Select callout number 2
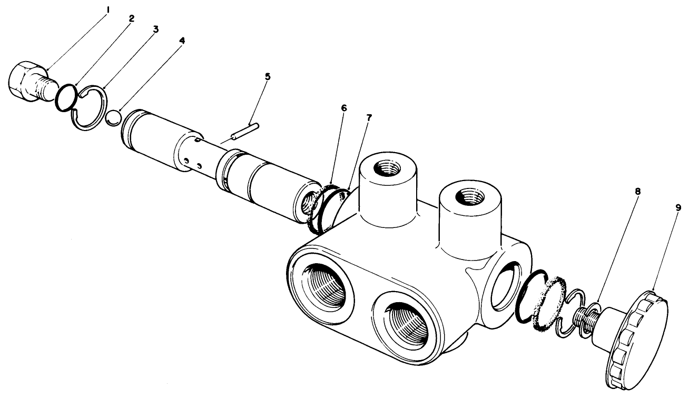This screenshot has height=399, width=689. pyautogui.click(x=131, y=18)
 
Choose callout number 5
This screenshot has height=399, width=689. pyautogui.click(x=268, y=76)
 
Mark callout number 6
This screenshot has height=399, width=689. pyautogui.click(x=344, y=107)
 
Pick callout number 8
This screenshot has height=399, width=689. pyautogui.click(x=637, y=193)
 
